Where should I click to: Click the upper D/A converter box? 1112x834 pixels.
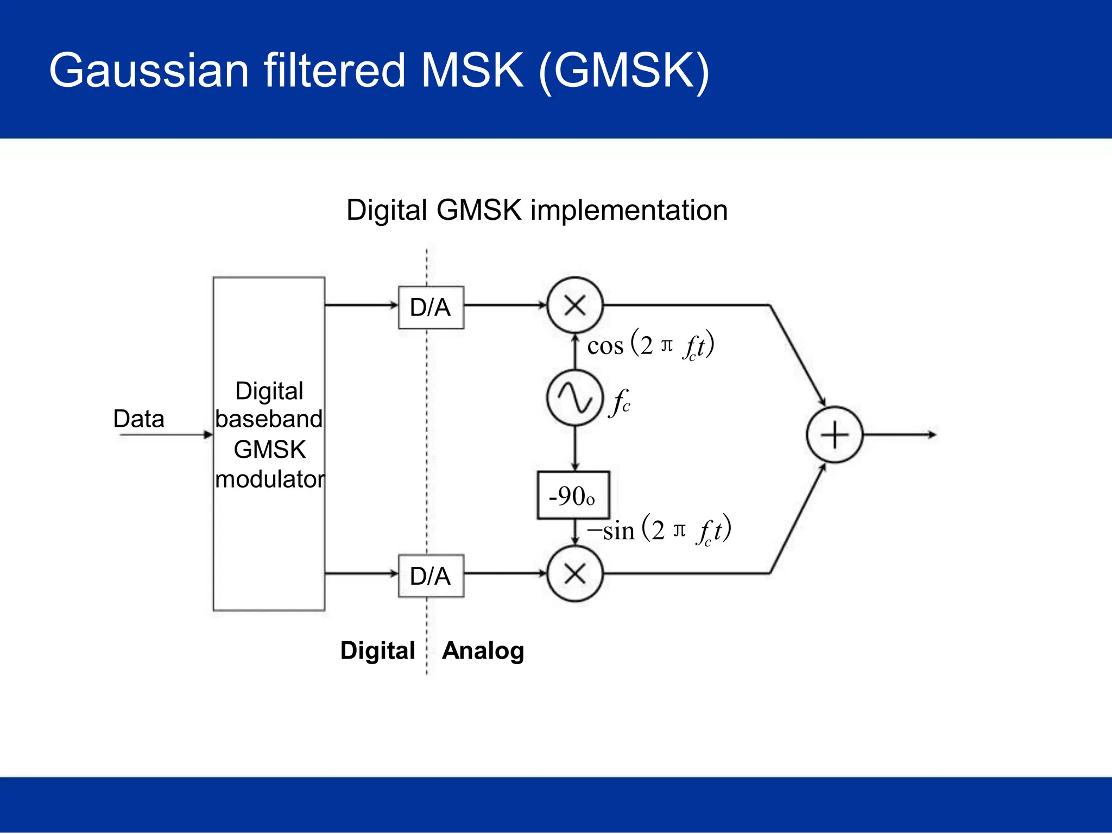point(431,307)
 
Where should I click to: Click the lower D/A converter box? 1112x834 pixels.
point(431,576)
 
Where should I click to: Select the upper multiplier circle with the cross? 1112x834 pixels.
point(574,305)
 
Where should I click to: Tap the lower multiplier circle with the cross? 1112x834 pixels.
point(574,573)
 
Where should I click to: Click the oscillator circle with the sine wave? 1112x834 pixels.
point(574,398)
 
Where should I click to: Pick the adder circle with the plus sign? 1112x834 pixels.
point(834,434)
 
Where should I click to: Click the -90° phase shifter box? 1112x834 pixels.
point(573,495)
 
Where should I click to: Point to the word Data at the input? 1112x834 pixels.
point(138,419)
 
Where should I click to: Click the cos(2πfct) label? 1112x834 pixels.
point(650,345)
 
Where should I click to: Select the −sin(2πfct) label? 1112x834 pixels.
point(659,530)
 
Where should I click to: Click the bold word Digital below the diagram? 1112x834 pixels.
point(377,650)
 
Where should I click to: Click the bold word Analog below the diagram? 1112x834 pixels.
point(483,650)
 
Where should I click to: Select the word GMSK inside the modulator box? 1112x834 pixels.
point(269,450)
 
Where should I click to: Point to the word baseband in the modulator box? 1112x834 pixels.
point(269,419)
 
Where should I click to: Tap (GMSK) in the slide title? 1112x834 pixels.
point(623,71)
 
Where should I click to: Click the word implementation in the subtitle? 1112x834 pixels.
point(629,210)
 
